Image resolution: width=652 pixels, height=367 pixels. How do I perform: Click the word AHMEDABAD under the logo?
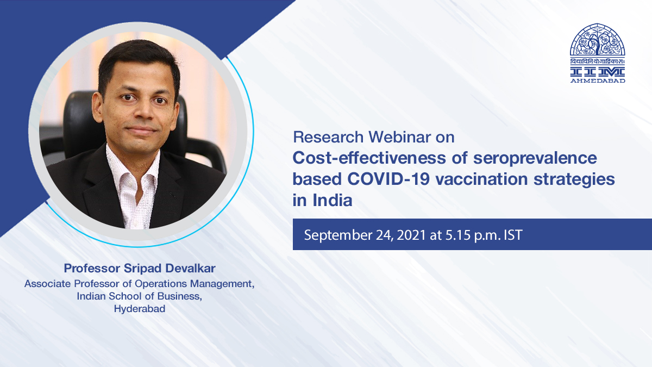pyautogui.click(x=598, y=81)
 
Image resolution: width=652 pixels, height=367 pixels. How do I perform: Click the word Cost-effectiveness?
pyautogui.click(x=369, y=158)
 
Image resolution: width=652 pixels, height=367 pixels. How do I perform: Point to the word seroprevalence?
pyautogui.click(x=535, y=159)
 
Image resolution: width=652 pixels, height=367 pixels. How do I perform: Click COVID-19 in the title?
pyautogui.click(x=388, y=179)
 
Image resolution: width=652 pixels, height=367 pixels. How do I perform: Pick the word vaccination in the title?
pyautogui.click(x=481, y=179)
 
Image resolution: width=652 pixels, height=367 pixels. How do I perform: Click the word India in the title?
pyautogui.click(x=333, y=201)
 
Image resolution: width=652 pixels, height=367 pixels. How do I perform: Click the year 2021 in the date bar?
pyautogui.click(x=411, y=235)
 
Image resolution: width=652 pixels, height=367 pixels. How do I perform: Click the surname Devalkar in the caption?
pyautogui.click(x=190, y=268)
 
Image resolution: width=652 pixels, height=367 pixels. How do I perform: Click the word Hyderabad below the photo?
pyautogui.click(x=140, y=309)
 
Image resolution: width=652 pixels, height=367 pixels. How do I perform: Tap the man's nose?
pyautogui.click(x=142, y=111)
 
